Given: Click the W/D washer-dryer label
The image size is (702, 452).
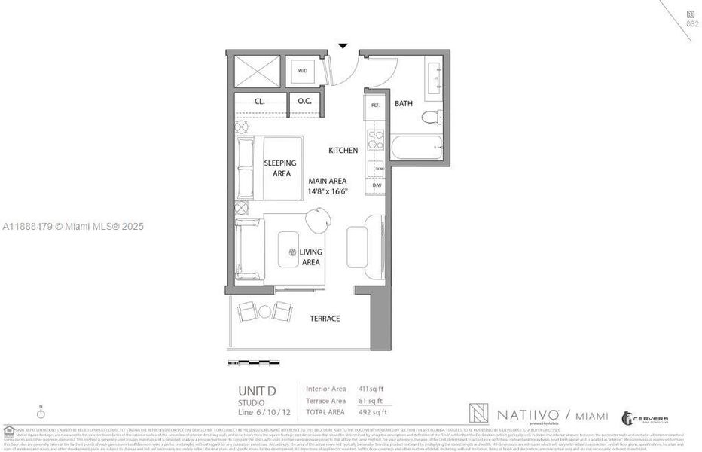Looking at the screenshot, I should (x=303, y=71).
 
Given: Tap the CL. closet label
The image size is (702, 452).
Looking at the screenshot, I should (x=259, y=101).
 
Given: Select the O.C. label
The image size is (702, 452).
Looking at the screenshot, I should (x=304, y=101).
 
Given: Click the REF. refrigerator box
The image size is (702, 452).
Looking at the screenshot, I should (x=375, y=106).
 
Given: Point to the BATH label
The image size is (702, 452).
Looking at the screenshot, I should (x=404, y=104).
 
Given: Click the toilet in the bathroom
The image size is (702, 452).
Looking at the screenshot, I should (x=429, y=118).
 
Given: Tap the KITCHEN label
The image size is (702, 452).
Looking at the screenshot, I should (x=343, y=151).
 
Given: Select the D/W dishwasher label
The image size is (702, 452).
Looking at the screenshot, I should (x=377, y=185).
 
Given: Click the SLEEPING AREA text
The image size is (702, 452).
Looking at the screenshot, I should (x=279, y=168).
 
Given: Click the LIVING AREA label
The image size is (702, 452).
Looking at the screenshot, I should (x=310, y=257).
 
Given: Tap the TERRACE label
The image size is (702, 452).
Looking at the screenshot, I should (x=325, y=319).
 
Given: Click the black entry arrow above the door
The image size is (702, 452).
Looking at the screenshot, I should (x=343, y=46).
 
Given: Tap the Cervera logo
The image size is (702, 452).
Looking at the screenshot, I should (x=645, y=418).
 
